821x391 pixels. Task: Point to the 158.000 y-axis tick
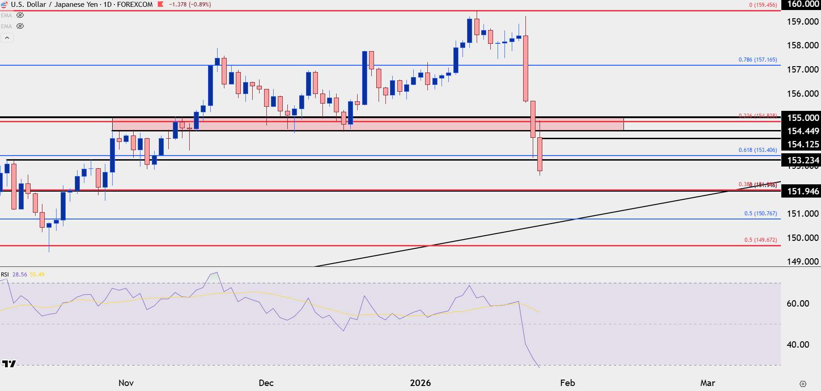pos(802,45)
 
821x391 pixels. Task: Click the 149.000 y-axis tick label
pos(802,261)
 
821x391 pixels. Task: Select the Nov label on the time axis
pos(126,383)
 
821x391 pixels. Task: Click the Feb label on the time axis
pos(567,383)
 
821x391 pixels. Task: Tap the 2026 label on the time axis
pos(420,383)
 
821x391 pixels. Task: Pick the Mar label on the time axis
pos(707,383)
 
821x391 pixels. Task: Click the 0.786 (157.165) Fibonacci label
pos(758,60)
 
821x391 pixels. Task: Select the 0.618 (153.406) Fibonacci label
pos(758,150)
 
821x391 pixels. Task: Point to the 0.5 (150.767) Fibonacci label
pos(760,214)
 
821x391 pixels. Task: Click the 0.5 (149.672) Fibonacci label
pos(760,240)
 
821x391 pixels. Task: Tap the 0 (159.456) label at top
pos(763,5)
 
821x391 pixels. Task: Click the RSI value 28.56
pos(20,275)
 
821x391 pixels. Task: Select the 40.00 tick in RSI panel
pos(798,344)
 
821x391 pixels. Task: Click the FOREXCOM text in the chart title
pos(135,5)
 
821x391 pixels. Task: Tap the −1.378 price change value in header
pos(177,5)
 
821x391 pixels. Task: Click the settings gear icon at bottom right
pos(803,384)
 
